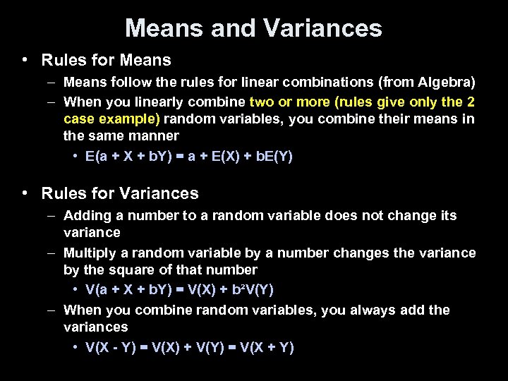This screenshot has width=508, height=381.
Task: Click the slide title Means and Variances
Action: (x=253, y=28)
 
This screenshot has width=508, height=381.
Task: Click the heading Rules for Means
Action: (x=106, y=61)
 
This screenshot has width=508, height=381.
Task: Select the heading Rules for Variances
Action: (x=120, y=193)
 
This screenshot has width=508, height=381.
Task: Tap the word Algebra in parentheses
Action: (x=447, y=83)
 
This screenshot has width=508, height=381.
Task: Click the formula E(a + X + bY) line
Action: (x=188, y=157)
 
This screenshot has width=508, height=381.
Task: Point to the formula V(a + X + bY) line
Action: (x=179, y=290)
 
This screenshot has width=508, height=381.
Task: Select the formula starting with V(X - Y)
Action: (x=189, y=347)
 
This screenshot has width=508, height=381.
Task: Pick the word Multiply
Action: (x=88, y=253)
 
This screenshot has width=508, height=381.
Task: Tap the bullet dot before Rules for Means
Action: (x=25, y=61)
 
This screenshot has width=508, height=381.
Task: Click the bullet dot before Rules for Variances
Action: (x=25, y=193)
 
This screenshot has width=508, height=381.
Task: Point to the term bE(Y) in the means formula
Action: (x=268, y=157)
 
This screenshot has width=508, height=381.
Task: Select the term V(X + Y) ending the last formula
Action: (x=267, y=347)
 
